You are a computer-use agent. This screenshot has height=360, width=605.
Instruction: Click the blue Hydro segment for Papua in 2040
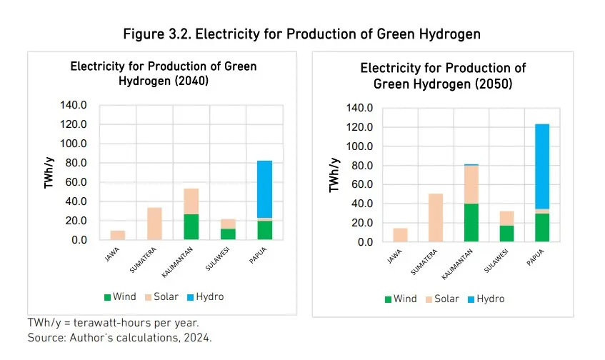pos(265,189)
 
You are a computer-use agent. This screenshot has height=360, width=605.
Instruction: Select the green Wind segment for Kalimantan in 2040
pos(191,227)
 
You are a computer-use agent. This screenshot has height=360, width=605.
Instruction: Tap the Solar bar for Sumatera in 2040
pos(154,224)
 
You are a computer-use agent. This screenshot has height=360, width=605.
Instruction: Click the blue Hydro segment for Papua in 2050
pos(542,166)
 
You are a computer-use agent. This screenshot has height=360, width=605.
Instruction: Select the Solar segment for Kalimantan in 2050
pos(471,184)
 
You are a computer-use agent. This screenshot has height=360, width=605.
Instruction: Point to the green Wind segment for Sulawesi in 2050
pos(506,234)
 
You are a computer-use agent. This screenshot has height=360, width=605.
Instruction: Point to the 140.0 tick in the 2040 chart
pos(74,105)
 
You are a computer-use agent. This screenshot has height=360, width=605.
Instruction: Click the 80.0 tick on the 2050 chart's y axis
pos(359,166)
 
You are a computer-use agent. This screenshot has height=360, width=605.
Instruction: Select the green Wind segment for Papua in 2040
pos(265,231)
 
